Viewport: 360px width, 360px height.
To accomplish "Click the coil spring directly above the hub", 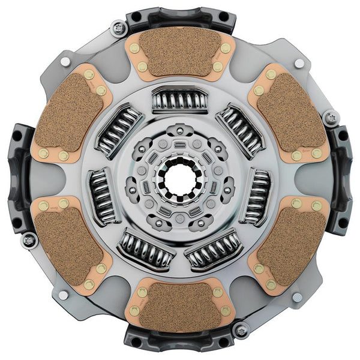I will tap(179, 100).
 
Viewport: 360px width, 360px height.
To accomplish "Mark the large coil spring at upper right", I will tap(241, 129).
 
